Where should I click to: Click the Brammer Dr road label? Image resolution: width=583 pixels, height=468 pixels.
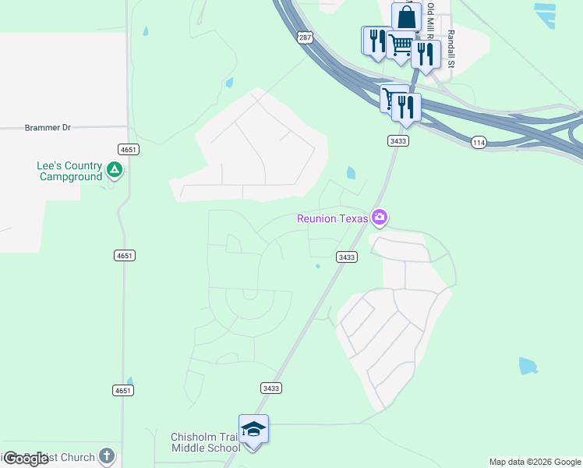[x=48, y=127]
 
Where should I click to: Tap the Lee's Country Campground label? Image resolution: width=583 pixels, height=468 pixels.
[x=70, y=171]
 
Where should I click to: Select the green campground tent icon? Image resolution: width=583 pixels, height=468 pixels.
[x=115, y=168]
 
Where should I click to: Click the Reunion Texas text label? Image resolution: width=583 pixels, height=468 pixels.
[x=332, y=218]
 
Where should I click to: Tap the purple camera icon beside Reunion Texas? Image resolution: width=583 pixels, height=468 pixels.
[x=380, y=218]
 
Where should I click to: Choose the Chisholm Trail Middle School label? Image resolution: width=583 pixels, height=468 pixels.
[x=206, y=442]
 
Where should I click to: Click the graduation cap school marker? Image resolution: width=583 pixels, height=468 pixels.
[x=253, y=430]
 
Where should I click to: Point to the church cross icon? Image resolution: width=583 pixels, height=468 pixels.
[x=107, y=456]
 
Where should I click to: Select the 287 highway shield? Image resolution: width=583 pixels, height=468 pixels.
[x=305, y=37]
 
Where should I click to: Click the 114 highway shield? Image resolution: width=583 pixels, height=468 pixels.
[x=479, y=142]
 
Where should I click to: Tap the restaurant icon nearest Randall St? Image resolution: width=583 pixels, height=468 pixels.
[x=425, y=54]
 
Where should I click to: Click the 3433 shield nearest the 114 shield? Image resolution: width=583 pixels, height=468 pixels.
[x=397, y=140]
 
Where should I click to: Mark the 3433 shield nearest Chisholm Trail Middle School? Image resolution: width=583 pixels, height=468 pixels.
[x=270, y=388]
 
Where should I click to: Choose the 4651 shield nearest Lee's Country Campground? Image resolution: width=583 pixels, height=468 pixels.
[x=128, y=148]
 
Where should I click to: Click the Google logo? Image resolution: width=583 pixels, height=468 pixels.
[x=26, y=459]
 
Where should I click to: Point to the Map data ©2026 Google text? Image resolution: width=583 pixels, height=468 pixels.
[x=535, y=462]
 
